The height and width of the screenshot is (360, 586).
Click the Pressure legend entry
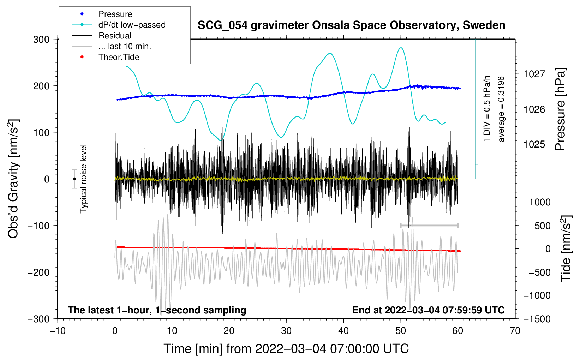point(115,14)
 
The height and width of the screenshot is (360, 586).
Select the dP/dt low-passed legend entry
point(132,25)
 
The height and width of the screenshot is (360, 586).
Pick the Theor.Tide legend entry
point(119,57)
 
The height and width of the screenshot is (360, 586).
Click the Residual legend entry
point(115,36)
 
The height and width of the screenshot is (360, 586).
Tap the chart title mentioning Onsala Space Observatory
point(351,25)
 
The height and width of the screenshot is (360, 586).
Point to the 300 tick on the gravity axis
point(41,40)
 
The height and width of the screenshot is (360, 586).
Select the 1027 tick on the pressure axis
point(534,74)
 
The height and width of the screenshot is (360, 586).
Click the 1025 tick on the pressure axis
point(534,144)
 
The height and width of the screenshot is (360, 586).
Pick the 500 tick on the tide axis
point(543,226)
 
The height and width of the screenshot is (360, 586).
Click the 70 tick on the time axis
point(515,331)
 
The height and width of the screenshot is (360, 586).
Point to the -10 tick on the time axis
point(58,331)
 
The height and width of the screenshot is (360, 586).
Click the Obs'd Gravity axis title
point(13,179)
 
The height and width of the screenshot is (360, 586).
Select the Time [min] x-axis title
point(286,349)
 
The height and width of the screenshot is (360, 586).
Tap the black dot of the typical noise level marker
point(74,179)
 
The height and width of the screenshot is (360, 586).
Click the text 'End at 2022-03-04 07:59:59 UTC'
point(428,310)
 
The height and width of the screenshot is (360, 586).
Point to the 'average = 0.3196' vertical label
point(501,109)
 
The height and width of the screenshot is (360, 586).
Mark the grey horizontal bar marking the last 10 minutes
point(429,225)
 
